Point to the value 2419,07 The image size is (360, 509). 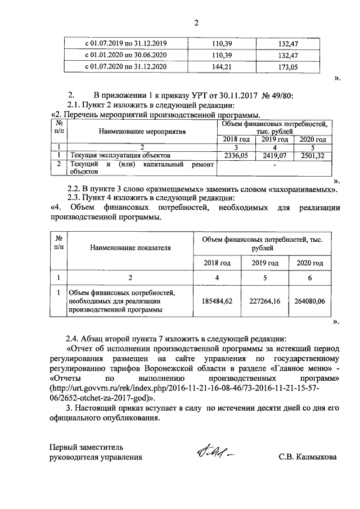(x=274, y=155)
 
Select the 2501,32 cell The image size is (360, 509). (x=312, y=155)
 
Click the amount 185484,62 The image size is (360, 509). (x=217, y=301)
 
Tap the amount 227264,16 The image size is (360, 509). (x=264, y=301)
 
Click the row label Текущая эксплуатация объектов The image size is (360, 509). (x=118, y=155)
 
